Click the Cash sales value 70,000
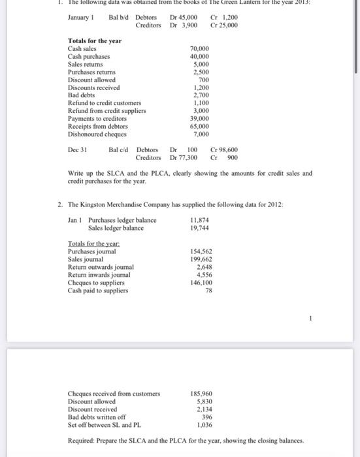coord(199,49)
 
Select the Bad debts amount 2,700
coord(201,95)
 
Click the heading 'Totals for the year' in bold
coord(95,41)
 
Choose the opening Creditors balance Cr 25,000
coord(224,25)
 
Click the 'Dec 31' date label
coord(78,150)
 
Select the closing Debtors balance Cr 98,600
coord(224,150)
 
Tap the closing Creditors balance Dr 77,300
coord(184,157)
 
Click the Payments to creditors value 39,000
coord(199,119)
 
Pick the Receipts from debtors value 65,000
coord(199,126)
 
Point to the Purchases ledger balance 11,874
coord(200,220)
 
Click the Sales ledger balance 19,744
coord(200,228)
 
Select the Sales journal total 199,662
coord(201,259)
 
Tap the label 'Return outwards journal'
coord(101,266)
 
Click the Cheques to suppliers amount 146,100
coord(201,282)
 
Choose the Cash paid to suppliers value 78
coord(208,290)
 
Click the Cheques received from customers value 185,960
coord(201,394)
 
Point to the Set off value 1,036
coord(203,424)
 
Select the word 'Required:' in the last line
coord(82,441)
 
